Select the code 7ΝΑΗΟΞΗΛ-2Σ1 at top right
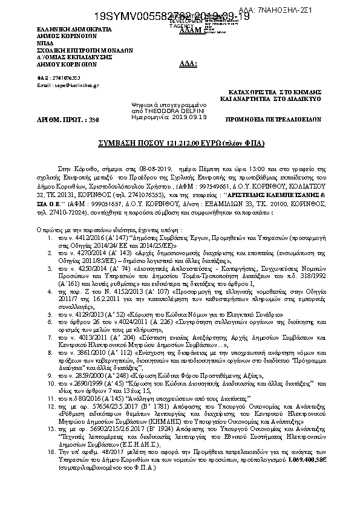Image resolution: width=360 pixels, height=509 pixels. [x=330, y=11]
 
